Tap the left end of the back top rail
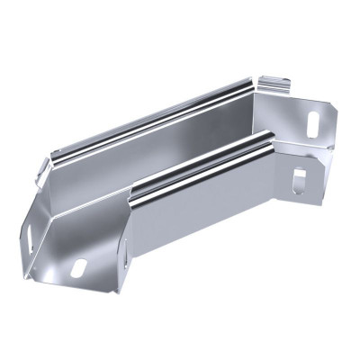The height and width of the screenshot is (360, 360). click(56, 155)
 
